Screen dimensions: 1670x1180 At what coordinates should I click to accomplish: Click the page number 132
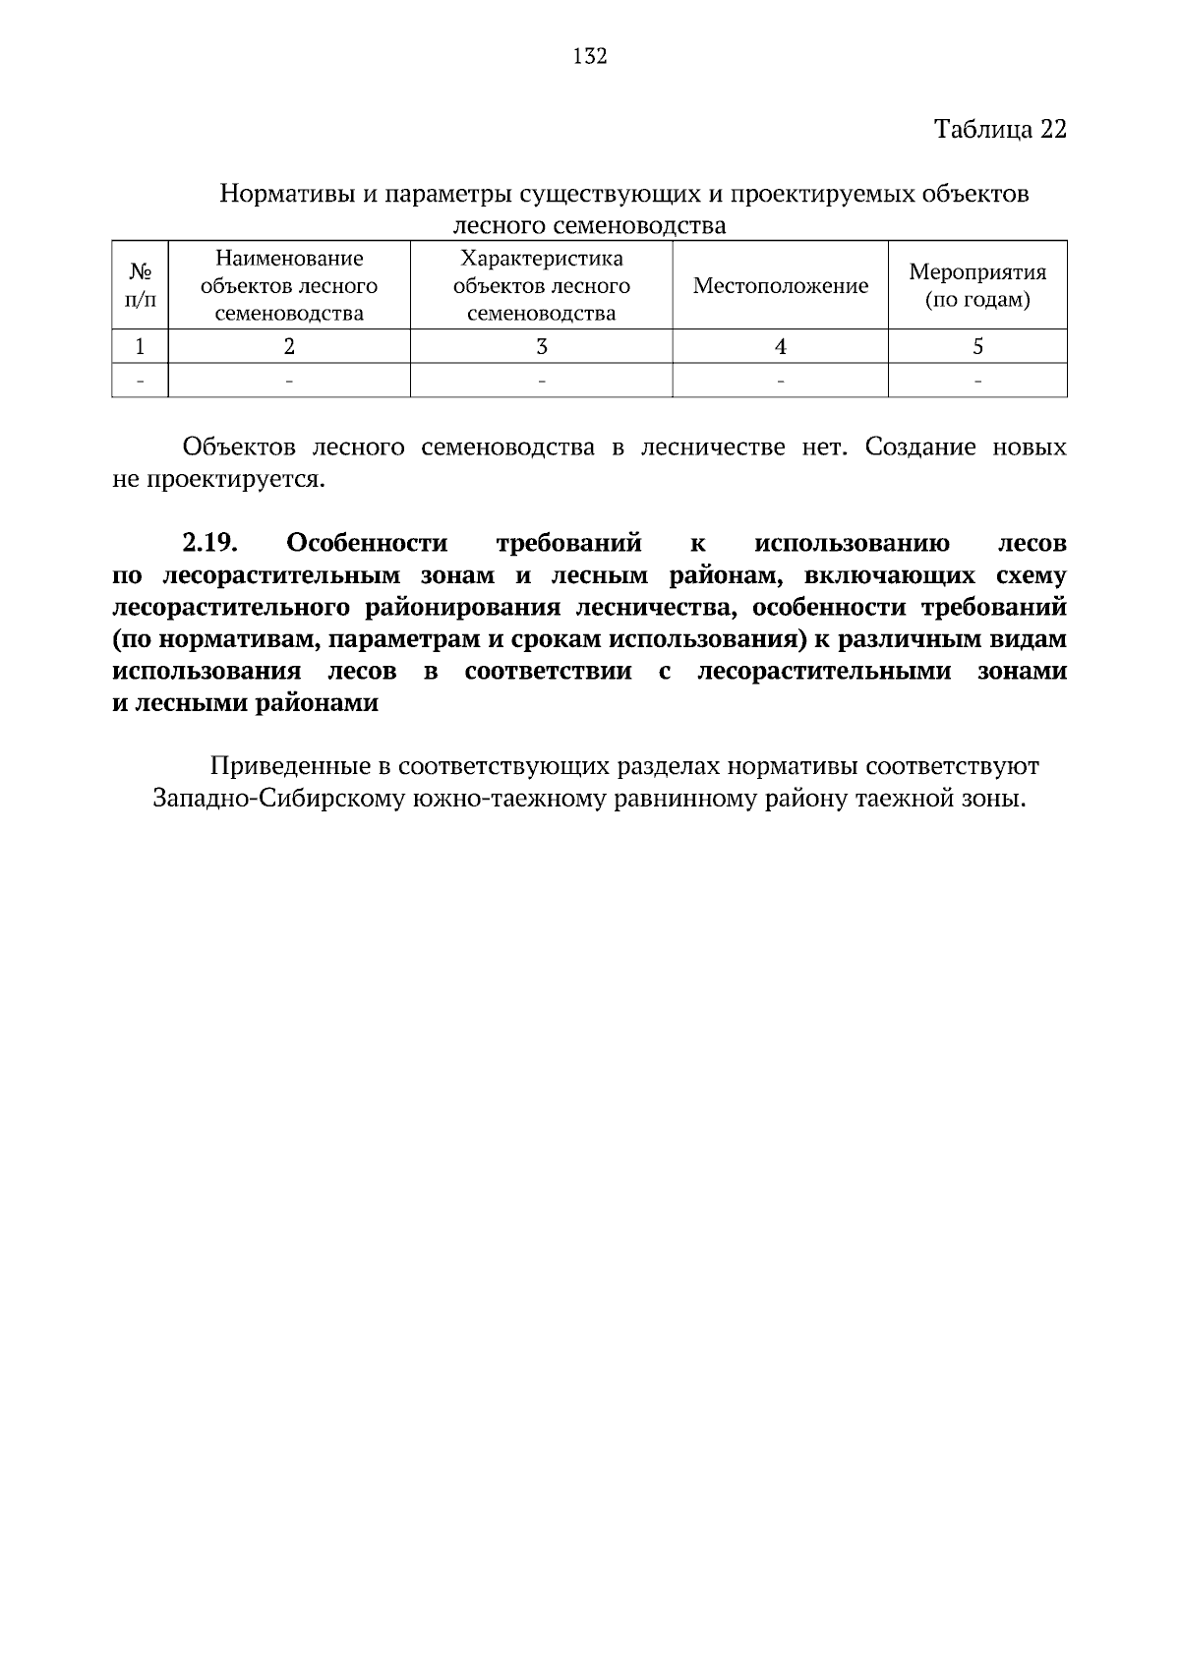[590, 56]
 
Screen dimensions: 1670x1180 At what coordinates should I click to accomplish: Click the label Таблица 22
[999, 129]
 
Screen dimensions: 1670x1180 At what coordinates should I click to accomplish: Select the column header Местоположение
[781, 286]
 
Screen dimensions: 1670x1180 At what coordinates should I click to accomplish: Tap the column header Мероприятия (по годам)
[977, 285]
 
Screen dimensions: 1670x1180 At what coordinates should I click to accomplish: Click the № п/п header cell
[141, 285]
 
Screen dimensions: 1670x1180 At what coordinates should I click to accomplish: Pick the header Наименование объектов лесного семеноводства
[289, 286]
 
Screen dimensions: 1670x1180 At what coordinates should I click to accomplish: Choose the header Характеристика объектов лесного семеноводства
[541, 286]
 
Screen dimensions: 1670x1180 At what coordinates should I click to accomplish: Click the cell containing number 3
[541, 346]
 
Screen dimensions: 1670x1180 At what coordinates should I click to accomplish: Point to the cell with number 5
[977, 346]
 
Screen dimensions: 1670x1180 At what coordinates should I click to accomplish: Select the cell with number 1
[141, 346]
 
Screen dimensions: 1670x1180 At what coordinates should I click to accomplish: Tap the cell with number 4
[781, 346]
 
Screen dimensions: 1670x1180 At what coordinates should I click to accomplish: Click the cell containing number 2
[289, 346]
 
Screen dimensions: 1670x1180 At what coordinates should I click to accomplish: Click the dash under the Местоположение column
[781, 381]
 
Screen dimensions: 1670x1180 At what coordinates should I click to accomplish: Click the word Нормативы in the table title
[284, 194]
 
